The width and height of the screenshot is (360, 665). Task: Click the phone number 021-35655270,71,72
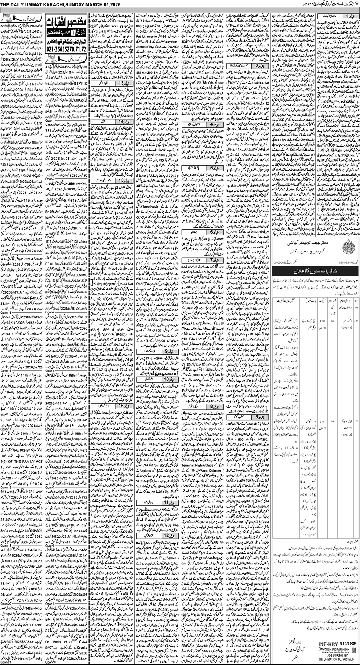pyautogui.click(x=66, y=49)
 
